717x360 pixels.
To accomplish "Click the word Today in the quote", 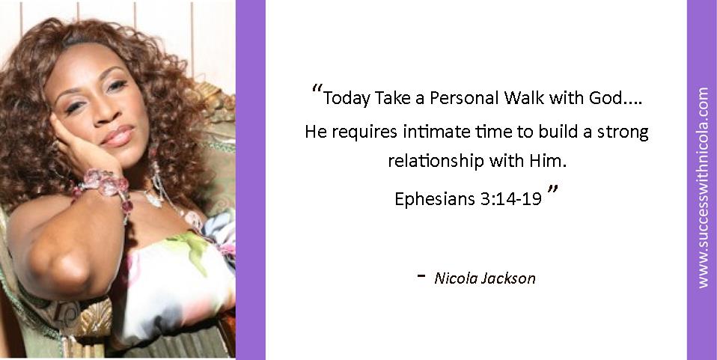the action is [x=347, y=98].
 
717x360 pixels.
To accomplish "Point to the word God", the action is [x=606, y=97].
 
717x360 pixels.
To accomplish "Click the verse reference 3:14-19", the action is [x=511, y=199].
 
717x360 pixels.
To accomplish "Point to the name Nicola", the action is [x=455, y=278].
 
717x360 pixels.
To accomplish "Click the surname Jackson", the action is [x=508, y=278].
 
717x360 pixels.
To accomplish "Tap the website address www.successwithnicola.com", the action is [x=703, y=188].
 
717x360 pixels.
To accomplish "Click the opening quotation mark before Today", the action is [x=317, y=90].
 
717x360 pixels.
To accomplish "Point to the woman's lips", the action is [x=117, y=136].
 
